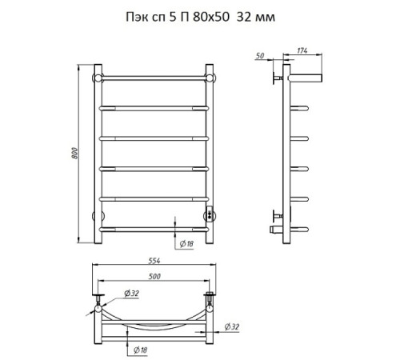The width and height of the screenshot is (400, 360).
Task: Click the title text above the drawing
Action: tap(200, 18)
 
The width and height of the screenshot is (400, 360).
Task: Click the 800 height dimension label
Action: tap(75, 154)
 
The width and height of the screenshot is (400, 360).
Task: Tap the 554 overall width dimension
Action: tap(154, 261)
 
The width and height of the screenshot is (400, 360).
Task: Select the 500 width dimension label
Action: tap(154, 276)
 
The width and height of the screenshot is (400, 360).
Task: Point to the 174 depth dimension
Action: tap(302, 50)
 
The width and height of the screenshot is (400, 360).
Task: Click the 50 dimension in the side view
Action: tap(260, 55)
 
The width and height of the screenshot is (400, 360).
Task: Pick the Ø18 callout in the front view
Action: tap(186, 243)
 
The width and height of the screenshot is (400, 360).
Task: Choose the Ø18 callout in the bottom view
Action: tap(140, 350)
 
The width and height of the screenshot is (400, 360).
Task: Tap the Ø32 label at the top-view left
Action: tap(132, 294)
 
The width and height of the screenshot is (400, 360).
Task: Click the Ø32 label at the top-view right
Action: tap(232, 326)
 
